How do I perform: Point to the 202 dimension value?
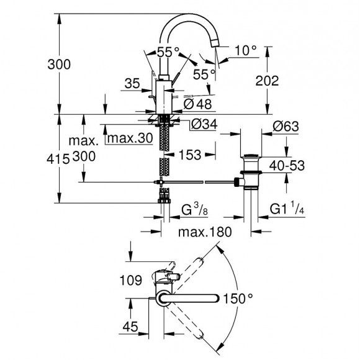tap(282, 80)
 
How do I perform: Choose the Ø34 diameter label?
tap(199, 124)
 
